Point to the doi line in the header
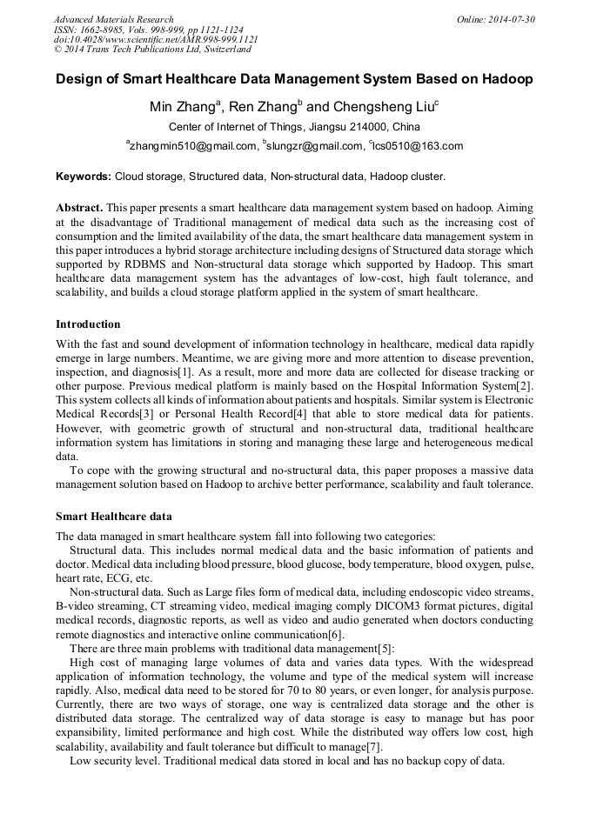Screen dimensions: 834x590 tap(156, 40)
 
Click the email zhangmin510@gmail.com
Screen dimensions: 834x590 tap(193, 146)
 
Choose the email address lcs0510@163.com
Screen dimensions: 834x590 tap(418, 146)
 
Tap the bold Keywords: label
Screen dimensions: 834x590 tap(84, 177)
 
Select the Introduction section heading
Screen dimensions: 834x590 tap(88, 324)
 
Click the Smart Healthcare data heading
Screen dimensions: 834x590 tap(113, 517)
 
